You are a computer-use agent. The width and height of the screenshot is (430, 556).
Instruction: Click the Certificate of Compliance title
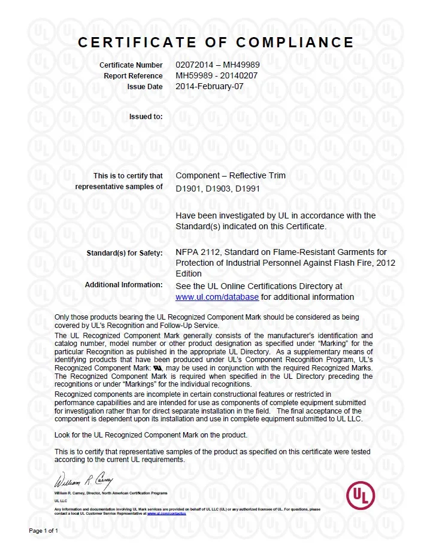tap(216, 42)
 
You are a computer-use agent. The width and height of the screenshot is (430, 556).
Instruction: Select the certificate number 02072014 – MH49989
tap(217, 65)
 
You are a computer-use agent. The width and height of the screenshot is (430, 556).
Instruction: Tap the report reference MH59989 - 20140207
tap(217, 75)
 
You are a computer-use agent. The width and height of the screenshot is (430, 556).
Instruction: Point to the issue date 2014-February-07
tap(210, 86)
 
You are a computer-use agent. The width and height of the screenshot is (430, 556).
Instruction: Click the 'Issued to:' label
tap(146, 116)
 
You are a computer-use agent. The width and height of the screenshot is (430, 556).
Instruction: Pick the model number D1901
tap(188, 189)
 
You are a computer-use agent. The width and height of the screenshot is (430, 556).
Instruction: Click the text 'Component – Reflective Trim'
tap(231, 175)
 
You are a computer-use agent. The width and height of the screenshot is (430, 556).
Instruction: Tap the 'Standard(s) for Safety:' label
tap(125, 253)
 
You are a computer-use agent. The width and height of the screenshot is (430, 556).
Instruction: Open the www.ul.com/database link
tap(217, 297)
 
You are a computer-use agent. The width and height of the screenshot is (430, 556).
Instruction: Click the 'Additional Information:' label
tap(123, 285)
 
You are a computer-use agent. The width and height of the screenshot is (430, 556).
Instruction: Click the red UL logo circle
tap(361, 496)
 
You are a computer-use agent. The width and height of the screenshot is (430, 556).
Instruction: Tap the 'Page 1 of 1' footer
tap(44, 530)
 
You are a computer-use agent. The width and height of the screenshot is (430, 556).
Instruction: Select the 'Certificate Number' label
tap(131, 65)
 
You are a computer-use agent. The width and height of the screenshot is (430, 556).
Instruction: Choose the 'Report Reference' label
tap(133, 75)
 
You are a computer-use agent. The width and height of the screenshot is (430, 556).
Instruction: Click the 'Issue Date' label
tap(144, 86)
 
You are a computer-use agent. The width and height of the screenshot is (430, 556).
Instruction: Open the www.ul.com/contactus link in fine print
tap(166, 514)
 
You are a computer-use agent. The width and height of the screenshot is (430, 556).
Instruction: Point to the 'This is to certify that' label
tap(128, 175)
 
